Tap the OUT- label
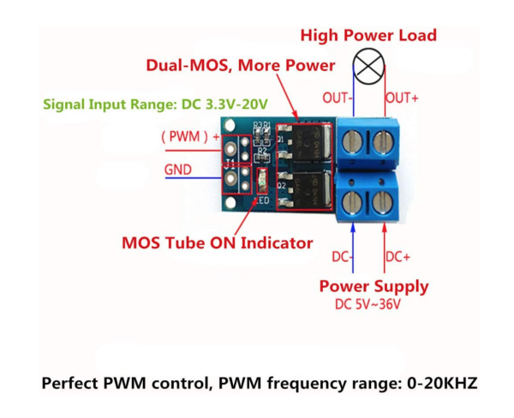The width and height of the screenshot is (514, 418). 338,98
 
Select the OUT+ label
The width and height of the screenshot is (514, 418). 402,98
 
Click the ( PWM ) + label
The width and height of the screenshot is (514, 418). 190,136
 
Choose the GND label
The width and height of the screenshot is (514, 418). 177,170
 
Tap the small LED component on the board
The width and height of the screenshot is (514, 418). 261,182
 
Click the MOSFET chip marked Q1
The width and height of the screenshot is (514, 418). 305,143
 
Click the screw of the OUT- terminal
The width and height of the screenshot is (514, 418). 352,141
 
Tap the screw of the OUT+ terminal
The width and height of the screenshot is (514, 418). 383,141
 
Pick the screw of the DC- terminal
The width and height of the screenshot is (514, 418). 352,202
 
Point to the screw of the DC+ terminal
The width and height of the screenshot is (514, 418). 383,202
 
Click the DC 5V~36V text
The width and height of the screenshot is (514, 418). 368,304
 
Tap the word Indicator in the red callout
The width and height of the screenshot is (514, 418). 277,243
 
